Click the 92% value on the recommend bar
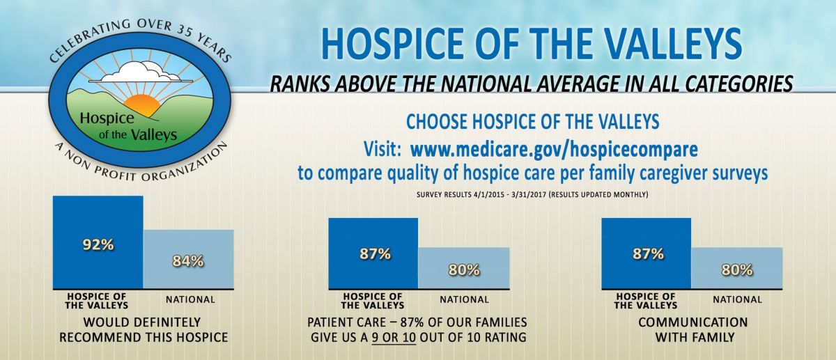tap(98, 245)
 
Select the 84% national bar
tap(189, 259)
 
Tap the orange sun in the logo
tap(142, 105)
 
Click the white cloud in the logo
tap(141, 72)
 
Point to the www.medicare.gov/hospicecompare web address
tap(554, 150)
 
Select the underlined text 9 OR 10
tap(394, 337)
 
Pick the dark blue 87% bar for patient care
tap(373, 253)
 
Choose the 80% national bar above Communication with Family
tap(737, 268)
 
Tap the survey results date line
tap(532, 195)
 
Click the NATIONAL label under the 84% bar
tap(190, 299)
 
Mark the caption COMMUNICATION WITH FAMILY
tap(693, 330)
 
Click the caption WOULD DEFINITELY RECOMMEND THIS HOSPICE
tap(144, 330)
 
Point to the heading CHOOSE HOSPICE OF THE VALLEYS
tap(532, 122)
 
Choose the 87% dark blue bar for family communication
tap(647, 253)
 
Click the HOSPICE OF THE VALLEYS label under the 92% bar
tap(97, 301)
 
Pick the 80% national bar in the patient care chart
tap(464, 268)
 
